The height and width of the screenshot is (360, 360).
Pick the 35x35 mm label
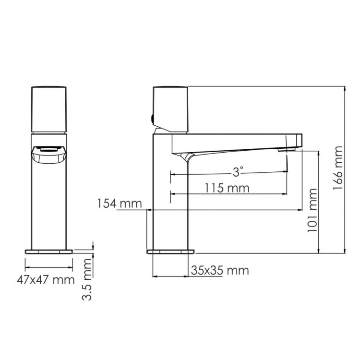[220, 270]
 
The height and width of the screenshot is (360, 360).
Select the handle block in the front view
[48, 109]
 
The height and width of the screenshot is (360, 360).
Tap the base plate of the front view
[48, 251]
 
